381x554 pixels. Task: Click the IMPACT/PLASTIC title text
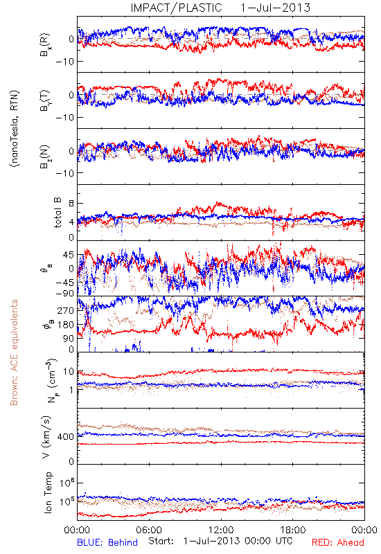pos(176,8)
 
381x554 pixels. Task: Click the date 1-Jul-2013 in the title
pos(275,8)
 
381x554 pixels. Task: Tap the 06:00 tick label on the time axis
pos(149,530)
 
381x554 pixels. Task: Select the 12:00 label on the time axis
pos(221,530)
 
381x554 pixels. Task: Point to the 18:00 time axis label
pos(293,530)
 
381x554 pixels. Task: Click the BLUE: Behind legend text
pos(107,542)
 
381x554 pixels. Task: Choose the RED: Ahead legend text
pos(338,542)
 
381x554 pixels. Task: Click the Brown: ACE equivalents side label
pos(14,352)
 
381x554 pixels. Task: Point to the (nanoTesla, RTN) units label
pos(15,129)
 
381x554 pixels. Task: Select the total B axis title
pos(58,212)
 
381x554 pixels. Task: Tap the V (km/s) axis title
pos(46,437)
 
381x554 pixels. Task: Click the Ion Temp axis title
pos(48,492)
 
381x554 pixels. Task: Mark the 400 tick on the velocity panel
pos(66,437)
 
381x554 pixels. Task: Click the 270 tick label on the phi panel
pos(66,310)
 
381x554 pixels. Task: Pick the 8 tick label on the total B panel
pos(71,204)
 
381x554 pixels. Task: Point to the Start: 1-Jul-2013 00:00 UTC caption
pos(220,541)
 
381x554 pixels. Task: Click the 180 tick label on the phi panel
pos(66,325)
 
